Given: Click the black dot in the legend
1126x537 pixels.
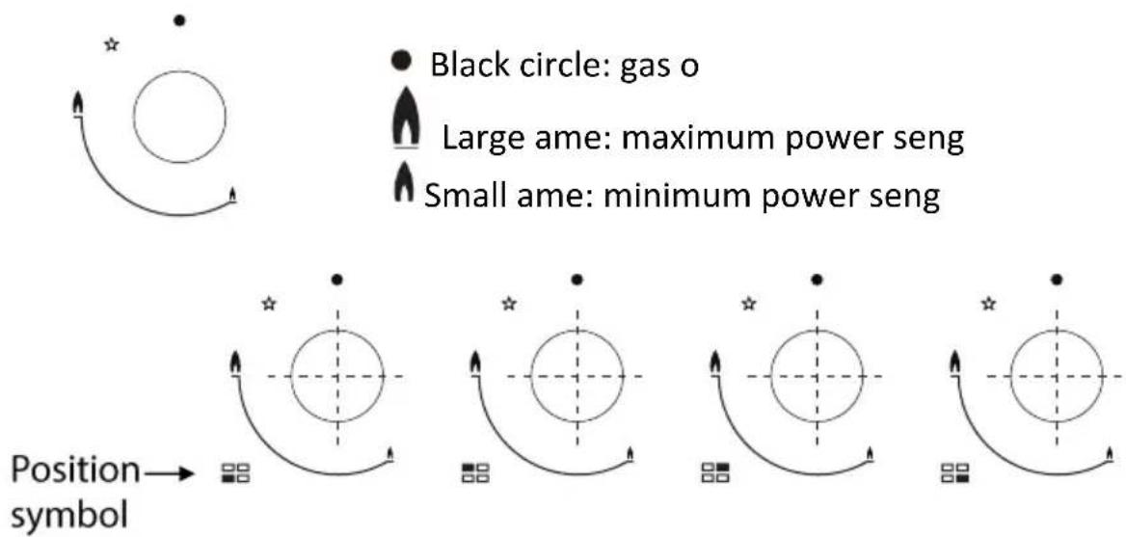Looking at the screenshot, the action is [x=404, y=63].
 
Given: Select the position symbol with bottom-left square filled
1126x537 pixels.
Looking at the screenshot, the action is [x=235, y=473].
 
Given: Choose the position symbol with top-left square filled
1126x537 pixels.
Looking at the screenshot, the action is [x=475, y=473].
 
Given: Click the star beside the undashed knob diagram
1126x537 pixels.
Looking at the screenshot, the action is [x=111, y=45].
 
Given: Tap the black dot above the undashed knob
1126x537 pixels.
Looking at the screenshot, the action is [x=179, y=21].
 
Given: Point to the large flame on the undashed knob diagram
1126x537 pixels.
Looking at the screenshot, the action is [x=77, y=105].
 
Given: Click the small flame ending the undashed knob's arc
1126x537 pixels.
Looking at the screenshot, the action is [x=232, y=195].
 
